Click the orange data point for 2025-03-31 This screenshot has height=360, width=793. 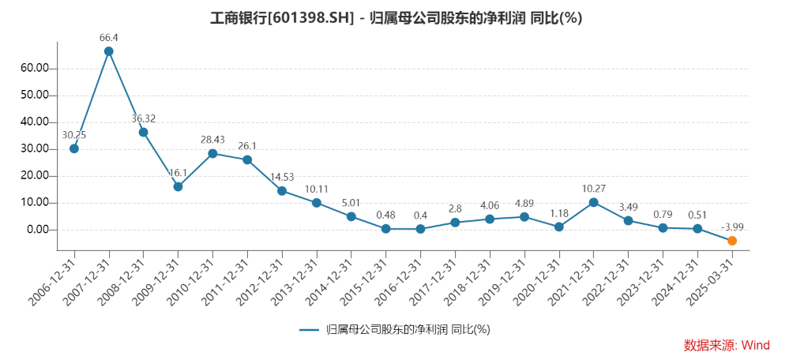pos(732,241)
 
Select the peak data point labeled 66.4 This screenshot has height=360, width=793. pos(109,51)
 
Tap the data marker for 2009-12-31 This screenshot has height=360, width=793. pos(178,187)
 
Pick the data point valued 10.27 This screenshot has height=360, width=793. pos(593,202)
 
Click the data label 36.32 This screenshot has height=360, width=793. pos(143,118)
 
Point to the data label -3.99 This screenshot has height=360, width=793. pos(732,227)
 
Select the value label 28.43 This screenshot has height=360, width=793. pos(212,140)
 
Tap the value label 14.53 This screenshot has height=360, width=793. pos(282,177)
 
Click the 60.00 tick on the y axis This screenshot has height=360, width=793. pos(35,69)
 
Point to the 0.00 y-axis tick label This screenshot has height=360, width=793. pos(38,230)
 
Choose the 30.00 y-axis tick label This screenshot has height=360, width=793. pos(35,149)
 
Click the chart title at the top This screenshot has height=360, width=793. pos(396,18)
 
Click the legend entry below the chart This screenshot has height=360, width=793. pos(395,329)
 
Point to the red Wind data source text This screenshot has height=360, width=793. pos(726,345)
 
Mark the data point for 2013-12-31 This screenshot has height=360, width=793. pos(317,203)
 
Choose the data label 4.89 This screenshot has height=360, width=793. pos(524,203)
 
